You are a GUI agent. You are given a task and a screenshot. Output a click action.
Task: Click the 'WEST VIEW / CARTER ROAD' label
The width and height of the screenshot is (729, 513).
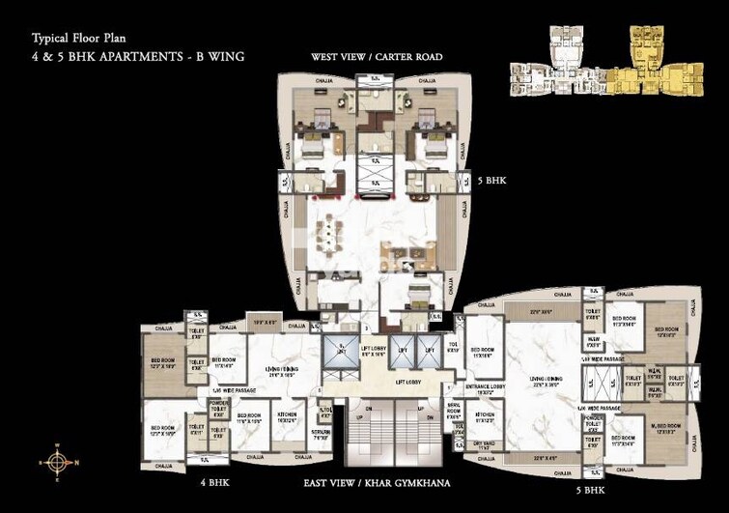coord(377,57)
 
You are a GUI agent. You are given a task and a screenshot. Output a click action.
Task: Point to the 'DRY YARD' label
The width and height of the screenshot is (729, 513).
coord(484,443)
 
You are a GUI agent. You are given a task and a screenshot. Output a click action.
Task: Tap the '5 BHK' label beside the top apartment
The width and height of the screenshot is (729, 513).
coord(488,180)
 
